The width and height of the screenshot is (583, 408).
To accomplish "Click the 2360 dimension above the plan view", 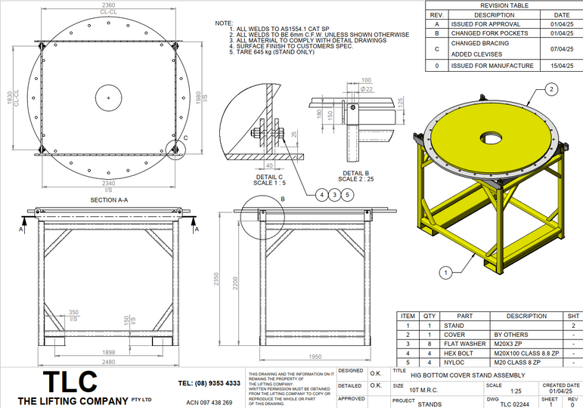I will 108,5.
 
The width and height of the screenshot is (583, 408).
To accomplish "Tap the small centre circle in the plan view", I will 108,98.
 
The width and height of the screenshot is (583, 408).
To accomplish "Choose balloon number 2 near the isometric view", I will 551,89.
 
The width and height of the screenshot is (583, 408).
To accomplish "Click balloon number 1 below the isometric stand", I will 446,270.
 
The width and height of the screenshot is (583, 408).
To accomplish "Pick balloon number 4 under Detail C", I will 323,194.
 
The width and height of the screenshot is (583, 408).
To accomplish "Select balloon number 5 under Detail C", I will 347,194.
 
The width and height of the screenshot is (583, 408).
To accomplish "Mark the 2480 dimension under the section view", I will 108,361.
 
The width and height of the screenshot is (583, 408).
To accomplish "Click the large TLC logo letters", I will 70,380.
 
